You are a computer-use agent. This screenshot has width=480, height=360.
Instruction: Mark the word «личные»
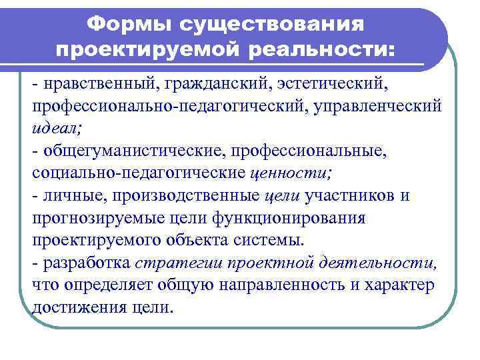(73, 195)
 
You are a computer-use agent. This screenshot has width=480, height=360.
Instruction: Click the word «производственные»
(185, 195)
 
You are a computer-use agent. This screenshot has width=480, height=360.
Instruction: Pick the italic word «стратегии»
(170, 262)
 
